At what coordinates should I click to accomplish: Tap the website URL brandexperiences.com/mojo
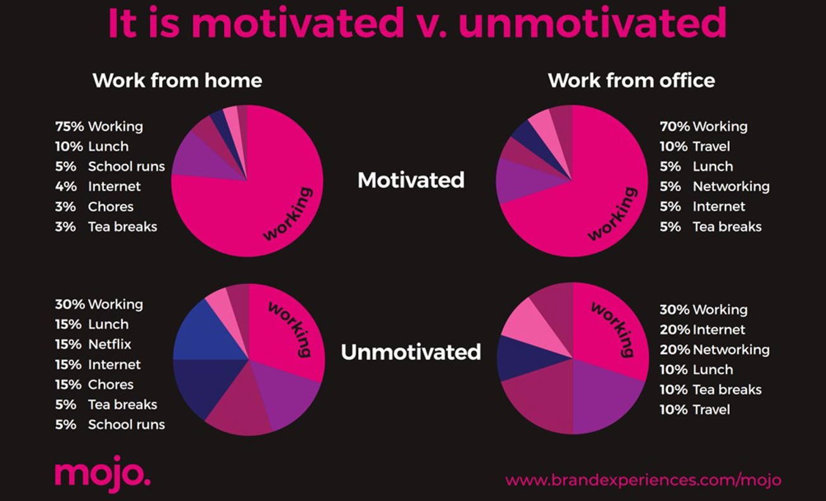(643, 479)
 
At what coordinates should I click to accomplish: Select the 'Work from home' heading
(177, 81)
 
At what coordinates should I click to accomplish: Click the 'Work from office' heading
(631, 81)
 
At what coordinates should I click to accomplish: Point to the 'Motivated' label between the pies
(411, 180)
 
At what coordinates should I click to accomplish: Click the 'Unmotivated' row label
(411, 352)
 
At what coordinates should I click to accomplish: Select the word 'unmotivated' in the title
(592, 24)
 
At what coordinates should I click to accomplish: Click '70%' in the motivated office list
(673, 127)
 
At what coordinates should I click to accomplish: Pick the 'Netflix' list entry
(110, 345)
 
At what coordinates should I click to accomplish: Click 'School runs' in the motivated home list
(126, 167)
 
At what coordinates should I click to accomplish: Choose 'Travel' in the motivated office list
(711, 147)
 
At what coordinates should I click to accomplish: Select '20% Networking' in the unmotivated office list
(715, 350)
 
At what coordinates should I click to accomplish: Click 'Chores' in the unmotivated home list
(111, 385)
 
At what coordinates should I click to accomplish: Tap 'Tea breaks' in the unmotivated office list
(727, 390)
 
